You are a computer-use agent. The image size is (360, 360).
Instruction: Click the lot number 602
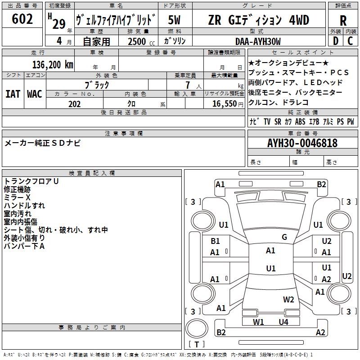(x=22, y=19)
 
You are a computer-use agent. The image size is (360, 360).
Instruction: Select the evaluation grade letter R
(x=343, y=21)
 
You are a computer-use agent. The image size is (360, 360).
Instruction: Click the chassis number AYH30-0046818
(x=302, y=143)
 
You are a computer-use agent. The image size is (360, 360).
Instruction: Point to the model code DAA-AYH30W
(x=258, y=41)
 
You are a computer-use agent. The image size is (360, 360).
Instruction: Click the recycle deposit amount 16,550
(x=222, y=104)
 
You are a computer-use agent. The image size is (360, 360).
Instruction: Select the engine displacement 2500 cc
(x=137, y=41)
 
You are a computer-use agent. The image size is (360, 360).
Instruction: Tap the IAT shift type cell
(x=13, y=94)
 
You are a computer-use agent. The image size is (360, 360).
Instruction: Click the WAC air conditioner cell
(x=35, y=94)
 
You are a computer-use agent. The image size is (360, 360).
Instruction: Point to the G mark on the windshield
(x=284, y=237)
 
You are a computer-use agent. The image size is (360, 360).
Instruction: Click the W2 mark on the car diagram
(x=288, y=299)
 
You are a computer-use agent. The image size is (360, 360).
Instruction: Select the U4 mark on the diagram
(x=283, y=322)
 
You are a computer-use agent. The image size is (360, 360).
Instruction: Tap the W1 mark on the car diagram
(x=258, y=322)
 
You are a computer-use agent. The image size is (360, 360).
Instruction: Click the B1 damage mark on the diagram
(x=216, y=241)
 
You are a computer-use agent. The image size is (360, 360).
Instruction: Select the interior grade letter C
(x=350, y=41)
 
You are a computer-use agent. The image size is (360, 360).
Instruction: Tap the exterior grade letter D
(x=335, y=41)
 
